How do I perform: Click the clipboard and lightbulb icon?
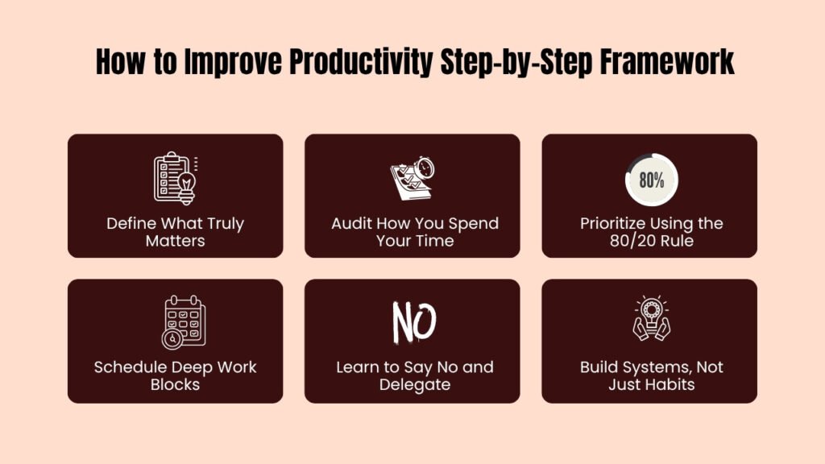pyautogui.click(x=176, y=178)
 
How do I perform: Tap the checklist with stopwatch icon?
pyautogui.click(x=412, y=178)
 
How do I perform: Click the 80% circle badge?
pyautogui.click(x=651, y=180)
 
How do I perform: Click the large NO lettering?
pyautogui.click(x=413, y=322)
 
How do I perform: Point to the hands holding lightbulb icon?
pyautogui.click(x=651, y=321)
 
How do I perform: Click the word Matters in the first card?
pyautogui.click(x=175, y=241)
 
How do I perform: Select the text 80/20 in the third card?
pyautogui.click(x=632, y=241)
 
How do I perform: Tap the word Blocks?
pyautogui.click(x=175, y=385)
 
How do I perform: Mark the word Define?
pyautogui.click(x=130, y=223)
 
